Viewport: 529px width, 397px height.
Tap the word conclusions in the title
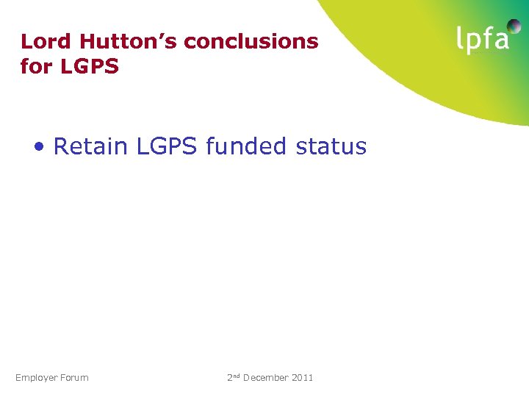(x=251, y=41)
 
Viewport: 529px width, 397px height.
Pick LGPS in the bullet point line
(x=166, y=146)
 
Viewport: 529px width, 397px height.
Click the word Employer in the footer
(x=36, y=378)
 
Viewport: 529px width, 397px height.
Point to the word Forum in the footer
(x=74, y=377)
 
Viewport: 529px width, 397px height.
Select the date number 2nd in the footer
(x=234, y=377)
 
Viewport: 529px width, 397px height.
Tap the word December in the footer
(x=266, y=377)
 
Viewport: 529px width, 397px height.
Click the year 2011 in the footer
(x=303, y=377)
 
